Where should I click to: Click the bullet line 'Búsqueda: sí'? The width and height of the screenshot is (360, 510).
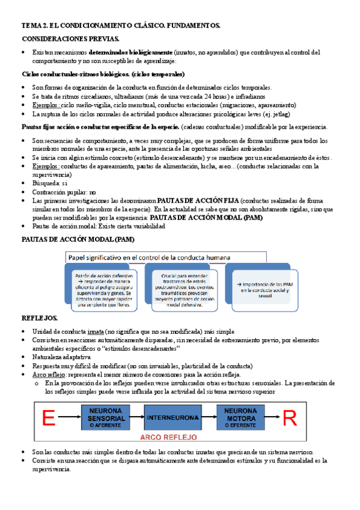[52, 183]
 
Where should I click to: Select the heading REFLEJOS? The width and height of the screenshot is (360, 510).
[40, 318]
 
